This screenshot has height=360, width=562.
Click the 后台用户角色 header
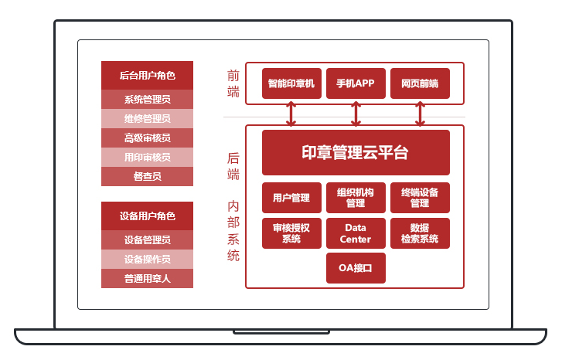tap(147, 76)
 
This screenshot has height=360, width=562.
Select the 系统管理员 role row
tap(147, 99)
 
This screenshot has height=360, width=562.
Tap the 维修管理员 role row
tap(147, 118)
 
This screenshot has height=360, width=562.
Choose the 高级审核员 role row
tap(147, 138)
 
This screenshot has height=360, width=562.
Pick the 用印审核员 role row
tap(147, 157)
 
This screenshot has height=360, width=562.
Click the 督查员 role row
tap(147, 176)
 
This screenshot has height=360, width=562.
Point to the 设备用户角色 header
tap(147, 216)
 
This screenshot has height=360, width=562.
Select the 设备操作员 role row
tap(147, 259)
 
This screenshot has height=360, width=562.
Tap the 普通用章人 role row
tap(147, 278)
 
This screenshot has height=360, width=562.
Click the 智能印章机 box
tap(291, 83)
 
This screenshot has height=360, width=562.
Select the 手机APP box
tap(356, 83)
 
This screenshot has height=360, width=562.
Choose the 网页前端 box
tap(420, 83)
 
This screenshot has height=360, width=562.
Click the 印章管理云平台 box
tap(356, 152)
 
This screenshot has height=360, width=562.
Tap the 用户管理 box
tap(291, 198)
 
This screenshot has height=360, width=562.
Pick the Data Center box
tap(356, 233)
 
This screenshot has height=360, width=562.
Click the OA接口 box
tap(356, 268)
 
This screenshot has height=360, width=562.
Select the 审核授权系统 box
tap(291, 233)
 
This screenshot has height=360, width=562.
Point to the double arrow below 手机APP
tap(356, 114)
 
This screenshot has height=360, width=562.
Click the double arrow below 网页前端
tap(420, 114)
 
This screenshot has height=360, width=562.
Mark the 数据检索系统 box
tap(420, 233)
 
